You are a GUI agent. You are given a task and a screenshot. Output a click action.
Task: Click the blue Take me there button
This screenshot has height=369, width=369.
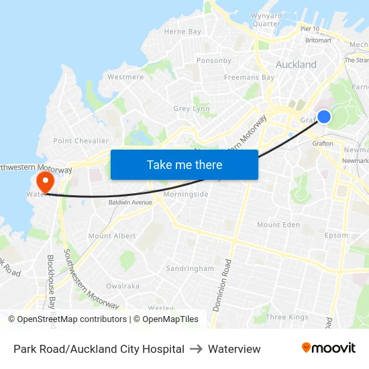click(184, 164)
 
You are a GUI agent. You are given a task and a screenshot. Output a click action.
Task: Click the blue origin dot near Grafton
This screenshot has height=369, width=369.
click(323, 117)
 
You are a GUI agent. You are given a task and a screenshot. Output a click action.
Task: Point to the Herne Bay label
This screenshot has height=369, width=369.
click(182, 32)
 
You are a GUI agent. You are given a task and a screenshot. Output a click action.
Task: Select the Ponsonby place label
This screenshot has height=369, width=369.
click(214, 60)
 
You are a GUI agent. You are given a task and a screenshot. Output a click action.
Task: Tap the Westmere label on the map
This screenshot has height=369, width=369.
click(125, 77)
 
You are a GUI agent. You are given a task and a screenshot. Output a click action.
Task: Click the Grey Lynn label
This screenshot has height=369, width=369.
click(191, 109)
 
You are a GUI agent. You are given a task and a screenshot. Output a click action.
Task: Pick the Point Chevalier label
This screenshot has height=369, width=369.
click(81, 141)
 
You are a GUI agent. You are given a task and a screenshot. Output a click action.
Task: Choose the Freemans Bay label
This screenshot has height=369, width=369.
click(249, 77)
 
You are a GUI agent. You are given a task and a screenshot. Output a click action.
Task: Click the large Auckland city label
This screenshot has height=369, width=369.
click(296, 65)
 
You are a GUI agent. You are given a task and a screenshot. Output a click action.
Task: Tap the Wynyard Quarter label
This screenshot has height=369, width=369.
click(266, 19)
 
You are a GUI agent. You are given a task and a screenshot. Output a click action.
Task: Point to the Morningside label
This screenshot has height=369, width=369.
click(186, 195)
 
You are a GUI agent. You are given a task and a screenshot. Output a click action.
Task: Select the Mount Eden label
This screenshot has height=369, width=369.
click(278, 225)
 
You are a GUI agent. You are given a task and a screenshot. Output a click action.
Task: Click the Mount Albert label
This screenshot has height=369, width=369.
click(112, 236)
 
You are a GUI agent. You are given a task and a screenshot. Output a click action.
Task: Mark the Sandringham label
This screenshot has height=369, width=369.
click(190, 268)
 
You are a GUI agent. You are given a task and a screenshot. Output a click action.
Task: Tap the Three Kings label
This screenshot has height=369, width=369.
click(286, 317)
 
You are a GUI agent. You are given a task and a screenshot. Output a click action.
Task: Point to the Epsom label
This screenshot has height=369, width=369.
click(336, 235)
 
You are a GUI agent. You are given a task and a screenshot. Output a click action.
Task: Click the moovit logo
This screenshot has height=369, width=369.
click(329, 348)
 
